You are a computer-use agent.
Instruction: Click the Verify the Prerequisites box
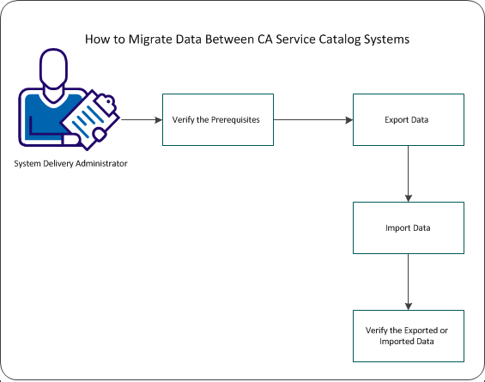(218, 119)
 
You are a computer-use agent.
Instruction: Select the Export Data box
(408, 119)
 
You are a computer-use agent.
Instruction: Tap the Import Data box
(408, 227)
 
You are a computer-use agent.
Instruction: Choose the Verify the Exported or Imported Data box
(408, 336)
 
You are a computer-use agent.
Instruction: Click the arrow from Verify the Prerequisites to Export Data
(312, 119)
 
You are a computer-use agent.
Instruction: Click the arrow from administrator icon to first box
(142, 119)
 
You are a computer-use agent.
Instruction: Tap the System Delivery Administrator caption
(70, 163)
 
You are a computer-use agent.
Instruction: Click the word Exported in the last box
(418, 330)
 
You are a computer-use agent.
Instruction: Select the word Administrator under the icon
(100, 163)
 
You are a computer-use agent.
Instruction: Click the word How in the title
(94, 39)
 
